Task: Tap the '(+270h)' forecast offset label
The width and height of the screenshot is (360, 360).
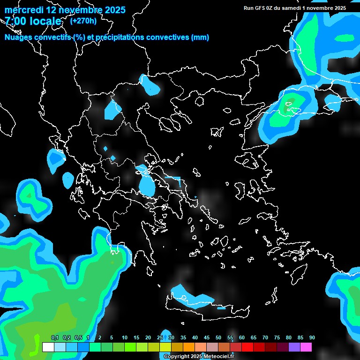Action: pyautogui.click(x=83, y=21)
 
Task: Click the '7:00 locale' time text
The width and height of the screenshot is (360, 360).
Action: pyautogui.click(x=33, y=21)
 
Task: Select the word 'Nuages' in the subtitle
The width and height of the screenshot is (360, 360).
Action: pyautogui.click(x=19, y=37)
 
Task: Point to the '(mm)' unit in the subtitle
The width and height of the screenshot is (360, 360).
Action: pyautogui.click(x=200, y=37)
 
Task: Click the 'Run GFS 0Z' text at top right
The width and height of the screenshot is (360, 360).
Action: pyautogui.click(x=258, y=8)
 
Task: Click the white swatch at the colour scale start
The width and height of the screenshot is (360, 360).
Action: pyautogui.click(x=48, y=347)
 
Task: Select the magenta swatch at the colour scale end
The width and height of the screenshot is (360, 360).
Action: pyautogui.click(x=306, y=347)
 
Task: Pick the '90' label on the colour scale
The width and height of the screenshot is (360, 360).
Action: pyautogui.click(x=312, y=338)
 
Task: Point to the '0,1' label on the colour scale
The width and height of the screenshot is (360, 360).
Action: pyautogui.click(x=55, y=338)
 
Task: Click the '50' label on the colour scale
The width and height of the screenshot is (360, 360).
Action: pyautogui.click(x=218, y=338)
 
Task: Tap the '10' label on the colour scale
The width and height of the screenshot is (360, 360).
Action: pyautogui.click(x=125, y=338)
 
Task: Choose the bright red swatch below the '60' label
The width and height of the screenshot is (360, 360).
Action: pyautogui.click(x=247, y=347)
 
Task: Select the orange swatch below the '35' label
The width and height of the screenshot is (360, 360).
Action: pyautogui.click(x=189, y=347)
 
